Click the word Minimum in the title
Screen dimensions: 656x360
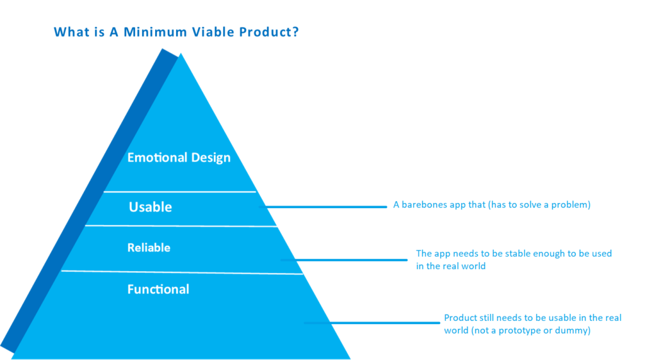pyautogui.click(x=155, y=32)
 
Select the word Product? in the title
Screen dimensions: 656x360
pyautogui.click(x=269, y=32)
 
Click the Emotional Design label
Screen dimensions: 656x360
pyautogui.click(x=179, y=158)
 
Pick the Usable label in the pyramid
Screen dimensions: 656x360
pyautogui.click(x=150, y=207)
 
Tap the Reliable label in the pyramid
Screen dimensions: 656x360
pyautogui.click(x=149, y=247)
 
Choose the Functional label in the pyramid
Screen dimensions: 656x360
pyautogui.click(x=158, y=290)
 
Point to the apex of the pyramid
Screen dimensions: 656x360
pyautogui.click(x=181, y=54)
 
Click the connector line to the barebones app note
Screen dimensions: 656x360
pyautogui.click(x=323, y=206)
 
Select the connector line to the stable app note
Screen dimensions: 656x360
pyautogui.click(x=344, y=259)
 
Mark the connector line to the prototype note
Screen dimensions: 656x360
pyautogui.click(x=372, y=323)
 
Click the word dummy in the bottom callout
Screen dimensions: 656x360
pyautogui.click(x=576, y=331)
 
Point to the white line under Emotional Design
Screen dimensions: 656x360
pyautogui.click(x=180, y=192)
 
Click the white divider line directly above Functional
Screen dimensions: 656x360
pyautogui.click(x=182, y=272)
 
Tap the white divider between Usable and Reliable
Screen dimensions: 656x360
pyautogui.click(x=181, y=226)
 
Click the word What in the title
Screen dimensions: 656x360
pyautogui.click(x=68, y=32)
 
